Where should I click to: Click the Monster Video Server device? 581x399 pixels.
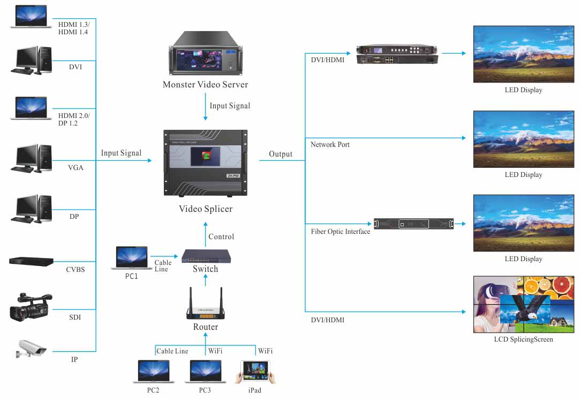click(x=206, y=55)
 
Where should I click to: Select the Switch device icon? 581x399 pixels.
click(x=206, y=256)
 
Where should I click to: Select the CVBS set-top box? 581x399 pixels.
click(x=32, y=261)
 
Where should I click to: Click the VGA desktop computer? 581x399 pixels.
click(x=31, y=158)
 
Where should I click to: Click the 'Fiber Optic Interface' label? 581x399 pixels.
click(x=341, y=232)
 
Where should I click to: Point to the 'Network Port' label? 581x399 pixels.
click(x=330, y=144)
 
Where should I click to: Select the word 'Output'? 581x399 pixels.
click(x=281, y=154)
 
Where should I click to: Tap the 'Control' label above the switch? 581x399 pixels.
click(x=221, y=237)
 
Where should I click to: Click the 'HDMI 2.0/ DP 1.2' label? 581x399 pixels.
click(x=74, y=120)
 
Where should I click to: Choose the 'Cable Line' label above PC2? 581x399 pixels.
click(x=172, y=351)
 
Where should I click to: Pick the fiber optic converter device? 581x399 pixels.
click(x=413, y=223)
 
